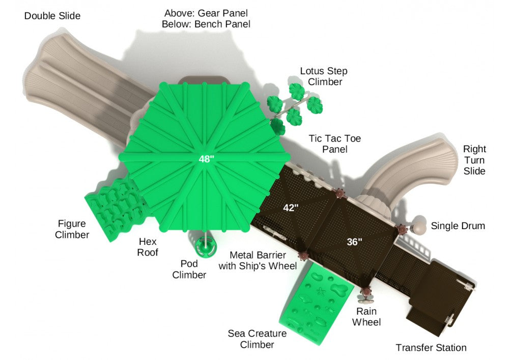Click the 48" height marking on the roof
coord(207,159)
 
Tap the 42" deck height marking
coord(291,208)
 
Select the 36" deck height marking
coord(354,242)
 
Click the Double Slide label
coord(52,16)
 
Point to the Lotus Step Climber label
coord(324,76)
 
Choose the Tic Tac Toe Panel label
coord(335,144)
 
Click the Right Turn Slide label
coord(474,160)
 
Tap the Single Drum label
coord(458,226)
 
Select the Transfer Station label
coord(431,348)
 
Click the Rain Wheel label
coord(366,317)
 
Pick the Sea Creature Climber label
coord(257,339)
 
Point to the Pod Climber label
coord(189,269)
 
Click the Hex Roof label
coord(148,247)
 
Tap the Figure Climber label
coord(72,229)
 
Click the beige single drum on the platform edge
coord(419,225)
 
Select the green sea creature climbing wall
coord(316,302)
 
